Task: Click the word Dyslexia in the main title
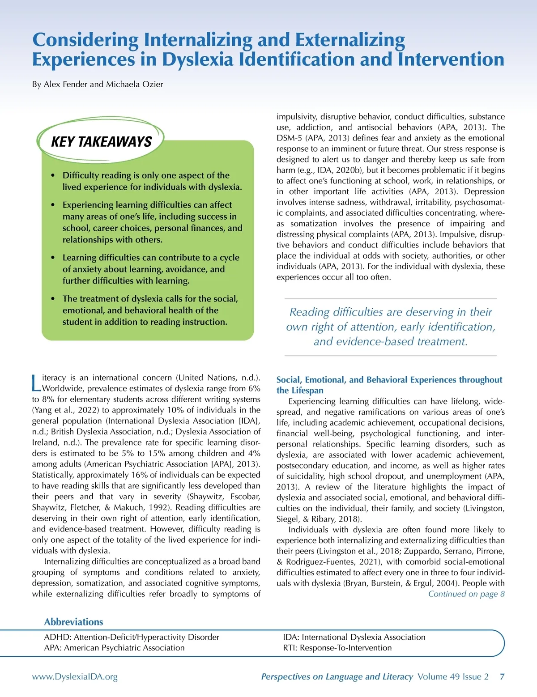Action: click(198, 59)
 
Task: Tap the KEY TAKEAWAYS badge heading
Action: click(102, 142)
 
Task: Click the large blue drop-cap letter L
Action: click(36, 382)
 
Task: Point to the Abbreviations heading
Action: click(73, 622)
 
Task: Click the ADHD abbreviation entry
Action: click(132, 637)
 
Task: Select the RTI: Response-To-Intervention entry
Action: click(337, 648)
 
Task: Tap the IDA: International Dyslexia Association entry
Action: click(354, 637)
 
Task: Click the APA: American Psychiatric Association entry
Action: click(114, 648)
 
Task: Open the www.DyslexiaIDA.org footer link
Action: click(75, 677)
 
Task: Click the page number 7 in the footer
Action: click(502, 677)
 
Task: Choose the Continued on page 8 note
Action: click(466, 594)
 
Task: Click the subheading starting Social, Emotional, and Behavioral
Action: click(389, 380)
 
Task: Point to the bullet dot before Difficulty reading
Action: click(53, 175)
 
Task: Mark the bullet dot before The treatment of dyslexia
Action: click(53, 299)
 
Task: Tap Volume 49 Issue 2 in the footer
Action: click(453, 677)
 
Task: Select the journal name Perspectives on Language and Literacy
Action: click(337, 677)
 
